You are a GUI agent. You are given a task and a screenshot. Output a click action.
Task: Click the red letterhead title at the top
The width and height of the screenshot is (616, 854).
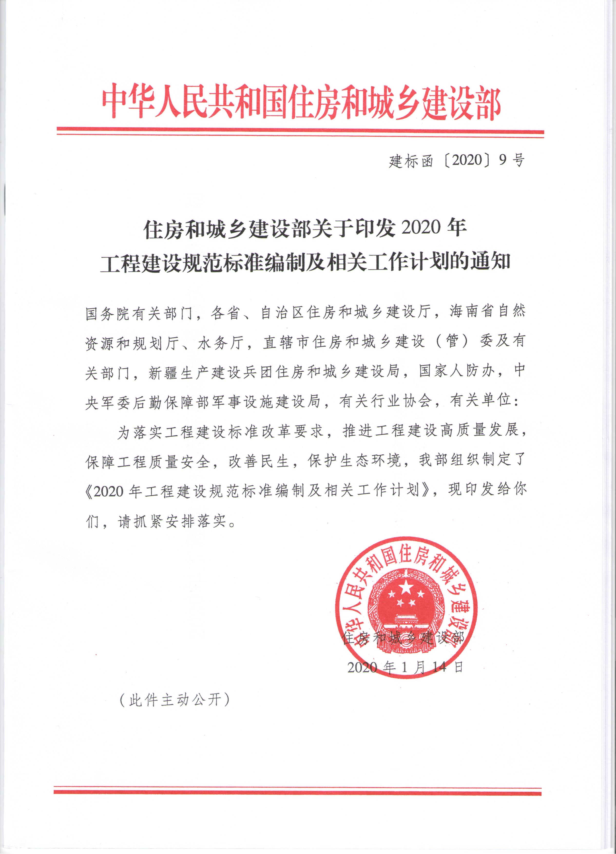[x=301, y=103]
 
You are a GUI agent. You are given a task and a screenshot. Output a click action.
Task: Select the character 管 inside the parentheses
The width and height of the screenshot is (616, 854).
[x=452, y=341]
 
